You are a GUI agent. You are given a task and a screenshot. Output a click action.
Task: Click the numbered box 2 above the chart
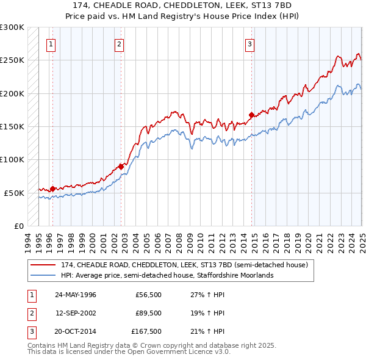[x=119, y=44]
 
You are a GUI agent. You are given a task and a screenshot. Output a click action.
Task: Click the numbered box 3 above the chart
[x=249, y=44]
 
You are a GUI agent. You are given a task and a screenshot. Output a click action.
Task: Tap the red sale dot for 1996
[x=52, y=189]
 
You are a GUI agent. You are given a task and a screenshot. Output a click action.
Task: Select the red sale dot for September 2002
[x=121, y=166]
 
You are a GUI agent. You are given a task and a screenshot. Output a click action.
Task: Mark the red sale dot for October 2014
[x=251, y=115]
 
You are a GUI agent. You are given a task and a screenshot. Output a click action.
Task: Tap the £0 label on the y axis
[x=18, y=226]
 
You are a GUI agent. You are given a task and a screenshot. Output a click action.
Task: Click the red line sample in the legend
[x=43, y=265]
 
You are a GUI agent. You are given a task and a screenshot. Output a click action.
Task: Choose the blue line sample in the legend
[x=43, y=275]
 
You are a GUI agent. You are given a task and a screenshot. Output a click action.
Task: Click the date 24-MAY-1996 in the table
[x=76, y=294]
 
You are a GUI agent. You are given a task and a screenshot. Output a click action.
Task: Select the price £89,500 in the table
[x=148, y=313]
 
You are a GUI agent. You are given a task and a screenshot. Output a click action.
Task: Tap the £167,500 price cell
[x=146, y=332]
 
